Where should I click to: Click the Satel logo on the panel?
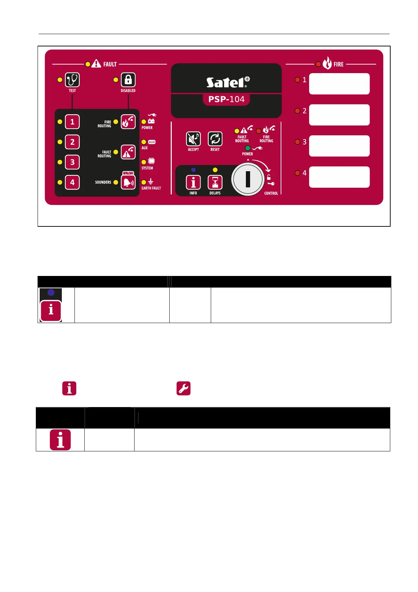click(x=228, y=82)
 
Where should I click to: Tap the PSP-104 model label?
click(x=226, y=99)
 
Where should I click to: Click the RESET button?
click(x=215, y=139)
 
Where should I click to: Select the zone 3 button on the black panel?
click(x=72, y=162)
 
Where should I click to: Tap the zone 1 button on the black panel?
click(x=72, y=122)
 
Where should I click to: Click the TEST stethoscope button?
click(x=72, y=80)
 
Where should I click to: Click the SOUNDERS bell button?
click(x=128, y=182)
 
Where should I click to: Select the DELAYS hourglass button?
click(x=215, y=182)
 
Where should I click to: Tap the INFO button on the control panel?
click(x=193, y=182)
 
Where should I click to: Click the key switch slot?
click(x=248, y=179)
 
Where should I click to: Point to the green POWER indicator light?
click(x=248, y=148)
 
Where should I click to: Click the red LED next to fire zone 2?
click(x=297, y=111)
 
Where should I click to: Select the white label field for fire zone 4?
click(x=339, y=177)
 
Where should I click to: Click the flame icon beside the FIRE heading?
click(x=327, y=64)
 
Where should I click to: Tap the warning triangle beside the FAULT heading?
click(x=96, y=64)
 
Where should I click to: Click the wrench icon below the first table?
click(x=183, y=388)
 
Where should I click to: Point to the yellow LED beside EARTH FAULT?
click(x=144, y=182)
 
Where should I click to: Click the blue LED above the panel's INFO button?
click(x=193, y=170)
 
